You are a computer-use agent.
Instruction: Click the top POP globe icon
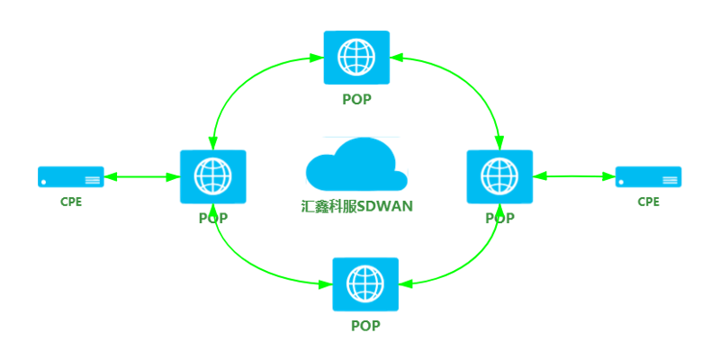(x=356, y=58)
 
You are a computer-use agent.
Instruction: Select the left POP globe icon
(x=213, y=176)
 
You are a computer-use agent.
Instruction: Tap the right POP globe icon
(x=500, y=176)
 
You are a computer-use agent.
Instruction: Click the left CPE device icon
(x=71, y=176)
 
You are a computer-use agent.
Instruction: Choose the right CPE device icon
(x=648, y=176)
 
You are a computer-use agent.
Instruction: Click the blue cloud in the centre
(x=356, y=165)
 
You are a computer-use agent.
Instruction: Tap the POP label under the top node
(x=356, y=99)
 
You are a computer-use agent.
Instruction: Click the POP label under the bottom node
(x=365, y=326)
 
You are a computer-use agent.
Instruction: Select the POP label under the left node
(x=213, y=218)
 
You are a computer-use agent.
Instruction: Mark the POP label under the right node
(x=500, y=218)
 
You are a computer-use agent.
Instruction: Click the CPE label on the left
(x=71, y=202)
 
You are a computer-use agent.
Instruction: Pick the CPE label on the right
(x=648, y=202)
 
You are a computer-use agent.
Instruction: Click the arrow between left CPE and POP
(x=142, y=176)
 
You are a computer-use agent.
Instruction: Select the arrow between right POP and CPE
(x=574, y=176)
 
